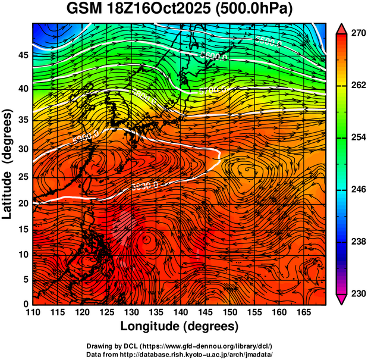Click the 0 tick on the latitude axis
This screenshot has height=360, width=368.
coord(26,304)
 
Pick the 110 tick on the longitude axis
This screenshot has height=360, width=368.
coord(32,313)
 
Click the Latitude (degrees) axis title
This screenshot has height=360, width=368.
coord(8,164)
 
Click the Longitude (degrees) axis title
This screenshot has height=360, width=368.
coord(179,327)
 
